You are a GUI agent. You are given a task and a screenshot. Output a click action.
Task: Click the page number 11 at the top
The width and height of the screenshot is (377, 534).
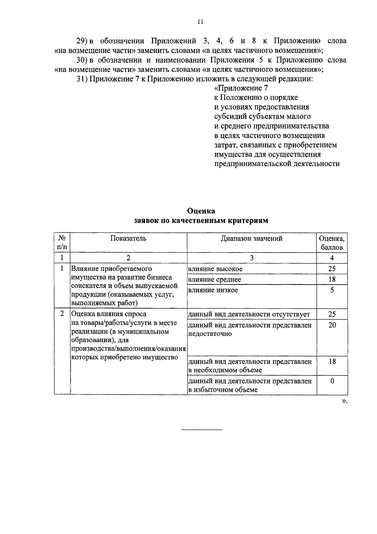point(200,22)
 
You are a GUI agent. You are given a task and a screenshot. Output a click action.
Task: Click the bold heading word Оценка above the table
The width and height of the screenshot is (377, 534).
point(201,211)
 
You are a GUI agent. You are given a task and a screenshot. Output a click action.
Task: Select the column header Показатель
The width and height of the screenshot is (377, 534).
point(128,238)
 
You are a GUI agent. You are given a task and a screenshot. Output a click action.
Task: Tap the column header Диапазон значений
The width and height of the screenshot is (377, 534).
point(251,238)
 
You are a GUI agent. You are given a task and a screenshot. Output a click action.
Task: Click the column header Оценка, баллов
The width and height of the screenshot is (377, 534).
point(332,243)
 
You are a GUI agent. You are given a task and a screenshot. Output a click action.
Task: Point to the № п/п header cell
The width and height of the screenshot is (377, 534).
point(62,243)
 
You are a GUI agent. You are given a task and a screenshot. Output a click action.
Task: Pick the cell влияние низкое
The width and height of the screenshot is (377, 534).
point(213,290)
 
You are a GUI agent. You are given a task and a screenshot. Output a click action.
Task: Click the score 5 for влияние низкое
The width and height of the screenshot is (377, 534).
point(332,290)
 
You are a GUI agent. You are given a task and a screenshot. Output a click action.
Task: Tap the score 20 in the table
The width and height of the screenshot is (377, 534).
point(332,325)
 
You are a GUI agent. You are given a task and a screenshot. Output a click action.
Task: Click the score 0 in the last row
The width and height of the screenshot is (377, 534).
point(332,381)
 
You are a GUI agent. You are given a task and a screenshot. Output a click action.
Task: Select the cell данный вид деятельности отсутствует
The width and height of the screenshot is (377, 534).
point(249,314)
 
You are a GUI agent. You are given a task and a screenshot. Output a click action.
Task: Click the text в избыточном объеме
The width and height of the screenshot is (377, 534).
point(223,390)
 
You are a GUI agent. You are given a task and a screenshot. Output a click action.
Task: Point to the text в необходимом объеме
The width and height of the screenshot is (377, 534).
point(225,370)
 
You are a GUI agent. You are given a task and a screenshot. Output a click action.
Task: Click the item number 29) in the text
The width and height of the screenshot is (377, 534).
point(83,41)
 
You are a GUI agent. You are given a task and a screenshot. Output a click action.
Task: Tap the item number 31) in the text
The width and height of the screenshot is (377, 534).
point(83,79)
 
